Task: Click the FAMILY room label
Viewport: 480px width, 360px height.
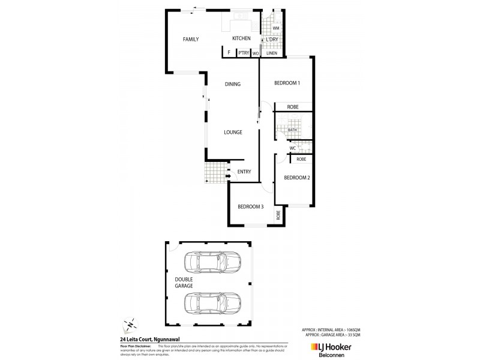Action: pyautogui.click(x=191, y=40)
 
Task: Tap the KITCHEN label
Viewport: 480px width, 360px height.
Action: pyautogui.click(x=241, y=39)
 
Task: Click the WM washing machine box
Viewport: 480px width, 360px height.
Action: pyautogui.click(x=276, y=28)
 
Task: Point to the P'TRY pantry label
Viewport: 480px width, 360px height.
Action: pyautogui.click(x=243, y=53)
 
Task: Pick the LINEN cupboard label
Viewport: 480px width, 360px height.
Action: pyautogui.click(x=272, y=53)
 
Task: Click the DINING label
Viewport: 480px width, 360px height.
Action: pyautogui.click(x=233, y=84)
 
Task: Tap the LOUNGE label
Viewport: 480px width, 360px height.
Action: pyautogui.click(x=233, y=132)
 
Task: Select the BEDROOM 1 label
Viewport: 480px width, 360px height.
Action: pyautogui.click(x=287, y=83)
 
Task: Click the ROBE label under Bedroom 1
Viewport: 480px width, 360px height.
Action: pyautogui.click(x=293, y=107)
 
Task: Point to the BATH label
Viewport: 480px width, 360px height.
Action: pyautogui.click(x=292, y=130)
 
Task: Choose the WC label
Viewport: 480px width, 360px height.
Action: pyautogui.click(x=293, y=148)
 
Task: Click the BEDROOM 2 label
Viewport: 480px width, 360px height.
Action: pyautogui.click(x=296, y=178)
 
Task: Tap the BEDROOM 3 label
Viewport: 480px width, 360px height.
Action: pyautogui.click(x=250, y=206)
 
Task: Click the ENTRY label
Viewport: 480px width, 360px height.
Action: pyautogui.click(x=244, y=172)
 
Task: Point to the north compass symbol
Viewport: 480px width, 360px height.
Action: pyautogui.click(x=128, y=325)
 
